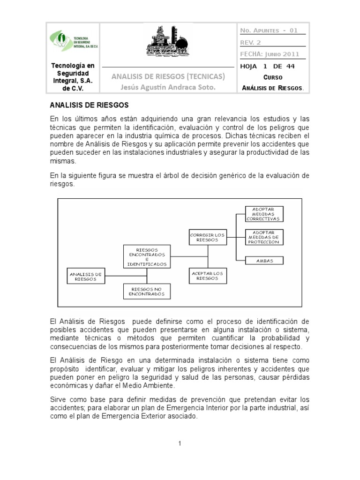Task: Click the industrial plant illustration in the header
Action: point(167,41)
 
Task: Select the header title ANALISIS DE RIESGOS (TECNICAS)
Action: point(167,76)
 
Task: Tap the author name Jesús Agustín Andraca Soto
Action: point(167,87)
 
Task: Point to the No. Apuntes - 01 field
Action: point(269,30)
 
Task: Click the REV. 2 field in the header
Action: point(250,42)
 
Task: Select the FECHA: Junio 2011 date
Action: point(269,54)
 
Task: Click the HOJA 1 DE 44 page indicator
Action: point(267,66)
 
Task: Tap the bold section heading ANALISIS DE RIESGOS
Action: point(89,105)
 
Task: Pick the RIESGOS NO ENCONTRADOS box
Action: point(147,292)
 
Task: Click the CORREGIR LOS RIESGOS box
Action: point(208,237)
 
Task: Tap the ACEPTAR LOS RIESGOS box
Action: point(208,276)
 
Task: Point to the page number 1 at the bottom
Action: point(180,443)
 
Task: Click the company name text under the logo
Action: point(73,77)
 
